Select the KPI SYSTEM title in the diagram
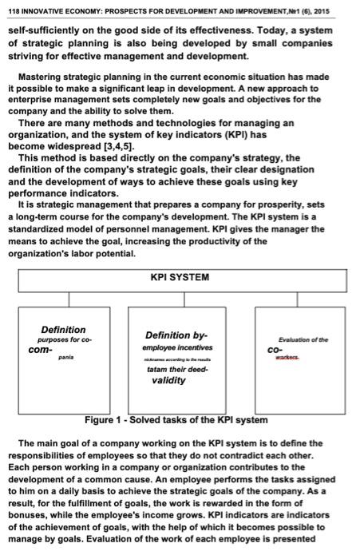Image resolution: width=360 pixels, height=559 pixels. (x=179, y=277)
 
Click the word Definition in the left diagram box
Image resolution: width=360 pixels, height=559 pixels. (x=64, y=330)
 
